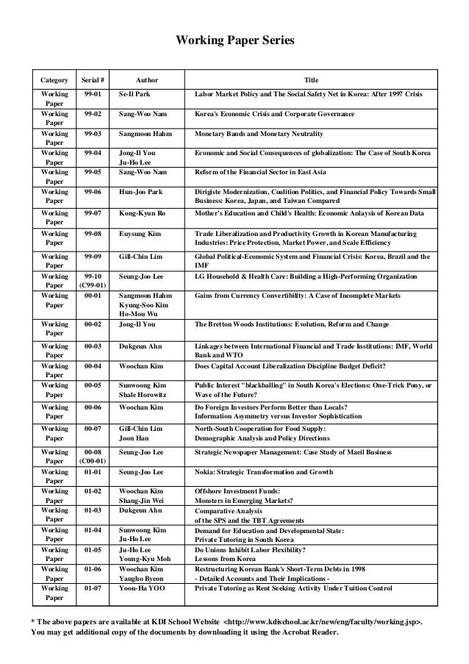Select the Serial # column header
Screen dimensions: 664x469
click(x=93, y=79)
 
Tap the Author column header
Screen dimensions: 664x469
click(x=148, y=79)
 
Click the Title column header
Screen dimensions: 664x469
click(x=313, y=79)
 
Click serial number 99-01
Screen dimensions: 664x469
click(x=93, y=95)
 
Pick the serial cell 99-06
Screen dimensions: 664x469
click(x=93, y=190)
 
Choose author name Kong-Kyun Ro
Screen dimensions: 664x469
click(x=143, y=213)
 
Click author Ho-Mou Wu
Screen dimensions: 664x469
click(x=140, y=313)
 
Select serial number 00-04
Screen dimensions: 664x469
click(x=93, y=365)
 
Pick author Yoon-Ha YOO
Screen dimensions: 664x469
click(x=143, y=588)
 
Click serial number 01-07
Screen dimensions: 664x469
click(x=93, y=588)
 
